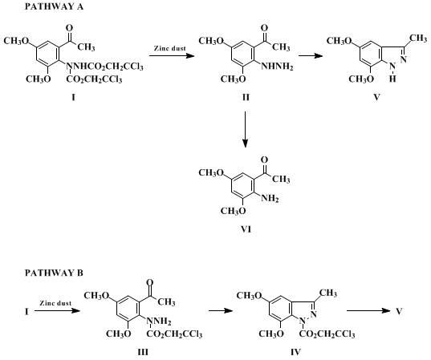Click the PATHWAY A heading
point(54,6)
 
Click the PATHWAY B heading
point(54,273)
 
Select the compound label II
point(246,97)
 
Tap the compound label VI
point(246,229)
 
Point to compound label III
point(143,352)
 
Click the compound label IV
point(296,352)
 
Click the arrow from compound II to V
point(311,56)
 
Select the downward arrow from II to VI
point(245,129)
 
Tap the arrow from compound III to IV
point(221,310)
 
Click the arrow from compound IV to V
point(368,310)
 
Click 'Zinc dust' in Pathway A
point(170,48)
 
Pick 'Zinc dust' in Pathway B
point(55,303)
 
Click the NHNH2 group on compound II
point(277,67)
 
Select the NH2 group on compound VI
point(270,198)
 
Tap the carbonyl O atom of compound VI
point(264,160)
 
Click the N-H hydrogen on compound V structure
point(392,79)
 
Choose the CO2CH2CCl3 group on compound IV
point(327,334)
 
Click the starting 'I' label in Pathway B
point(26,311)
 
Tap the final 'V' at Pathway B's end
point(399,311)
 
